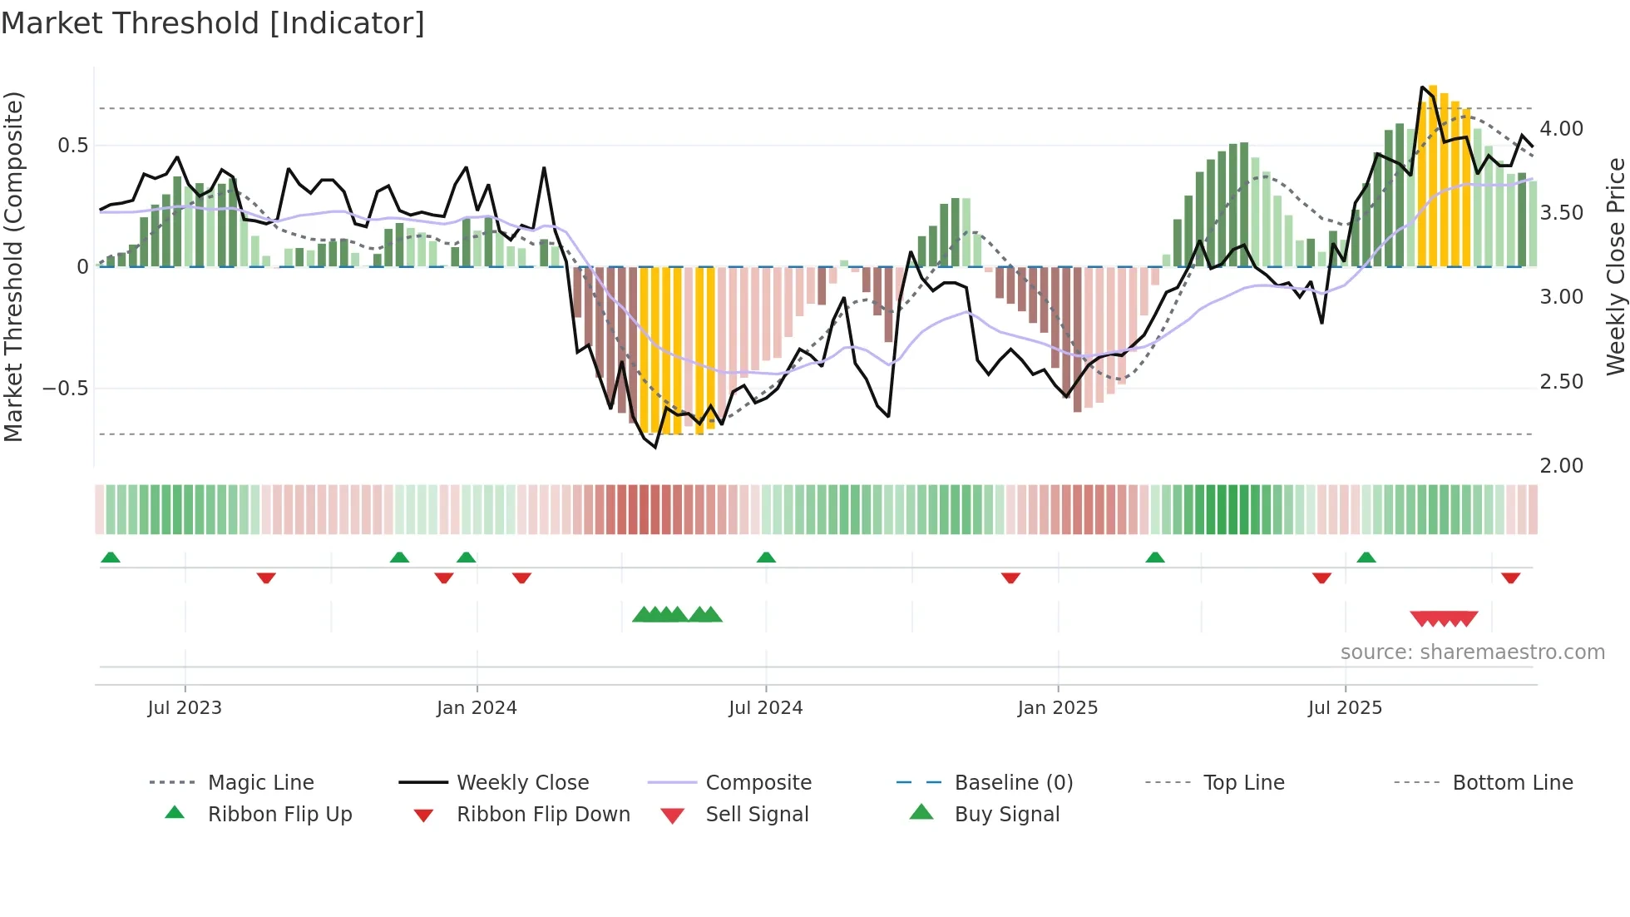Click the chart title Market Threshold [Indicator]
[x=213, y=23]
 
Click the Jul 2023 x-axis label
[x=185, y=708]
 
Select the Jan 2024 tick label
[x=477, y=708]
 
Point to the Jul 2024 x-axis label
[x=765, y=708]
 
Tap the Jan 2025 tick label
[x=1057, y=708]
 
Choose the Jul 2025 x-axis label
[x=1345, y=708]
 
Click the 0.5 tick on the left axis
[x=72, y=146]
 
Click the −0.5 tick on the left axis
[x=65, y=389]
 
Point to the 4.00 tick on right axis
[x=1561, y=129]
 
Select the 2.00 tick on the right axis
[x=1561, y=466]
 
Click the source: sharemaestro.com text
[x=1472, y=652]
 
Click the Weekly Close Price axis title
[x=1615, y=266]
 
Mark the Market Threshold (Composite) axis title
[x=13, y=266]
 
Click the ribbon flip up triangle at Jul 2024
[x=766, y=558]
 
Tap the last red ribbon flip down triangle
[x=1510, y=577]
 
